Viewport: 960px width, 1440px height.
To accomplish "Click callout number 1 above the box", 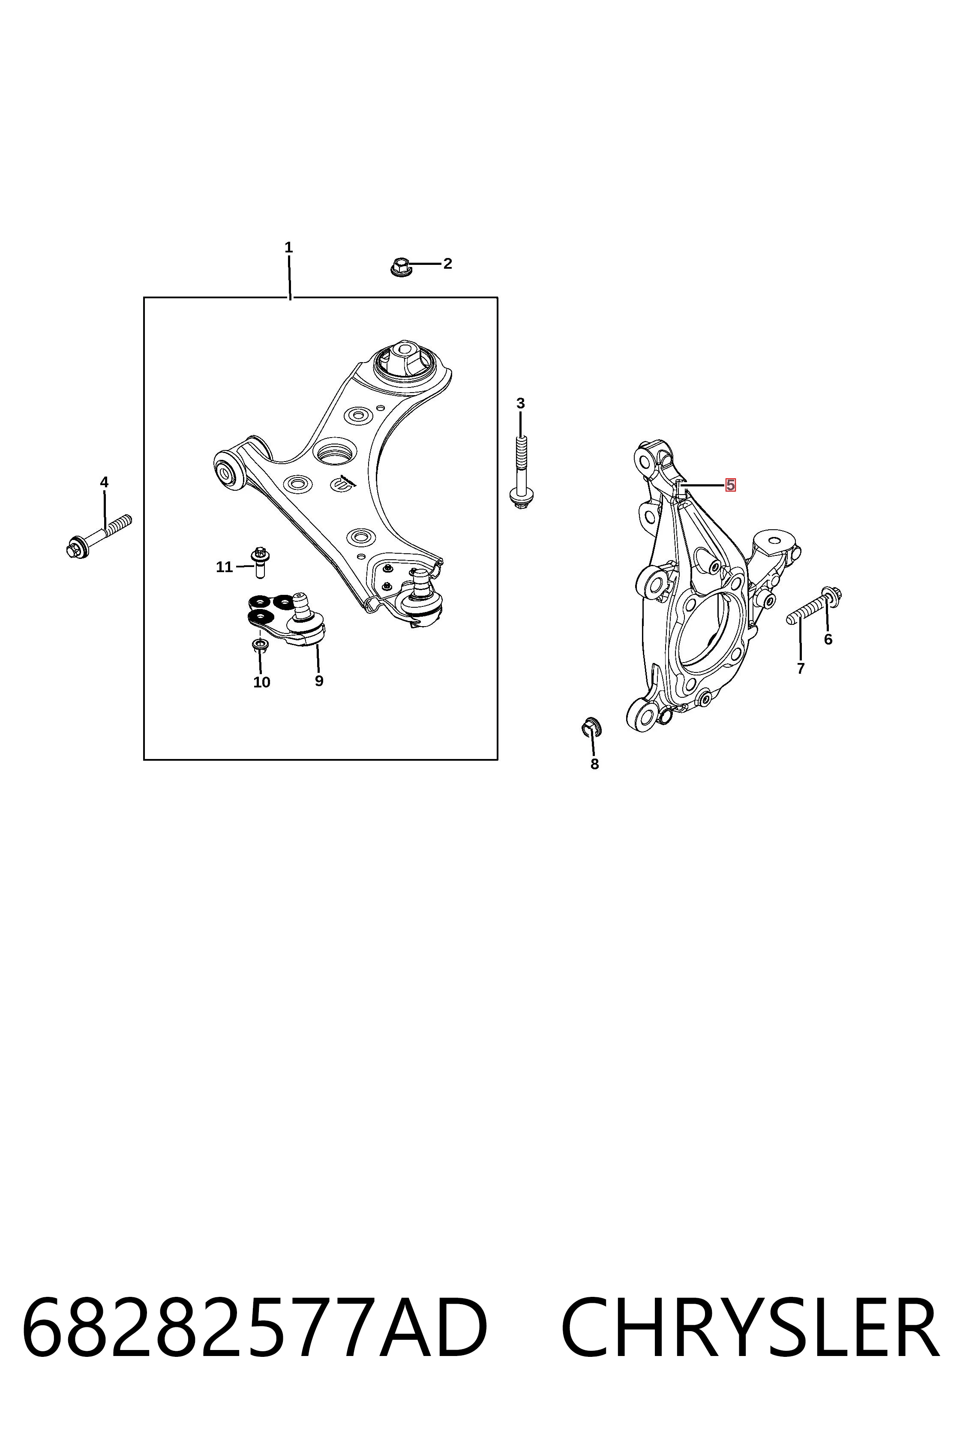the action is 288,248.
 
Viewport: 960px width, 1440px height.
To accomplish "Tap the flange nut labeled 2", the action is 400,267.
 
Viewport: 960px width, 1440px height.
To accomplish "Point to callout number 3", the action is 520,403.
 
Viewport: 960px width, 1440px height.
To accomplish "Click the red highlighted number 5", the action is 730,485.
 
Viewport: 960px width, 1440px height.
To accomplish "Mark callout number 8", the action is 594,764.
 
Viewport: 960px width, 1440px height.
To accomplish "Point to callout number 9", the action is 319,681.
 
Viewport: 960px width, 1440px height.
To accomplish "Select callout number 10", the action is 261,682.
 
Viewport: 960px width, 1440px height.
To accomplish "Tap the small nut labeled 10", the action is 260,645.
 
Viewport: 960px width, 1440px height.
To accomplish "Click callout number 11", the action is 224,567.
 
